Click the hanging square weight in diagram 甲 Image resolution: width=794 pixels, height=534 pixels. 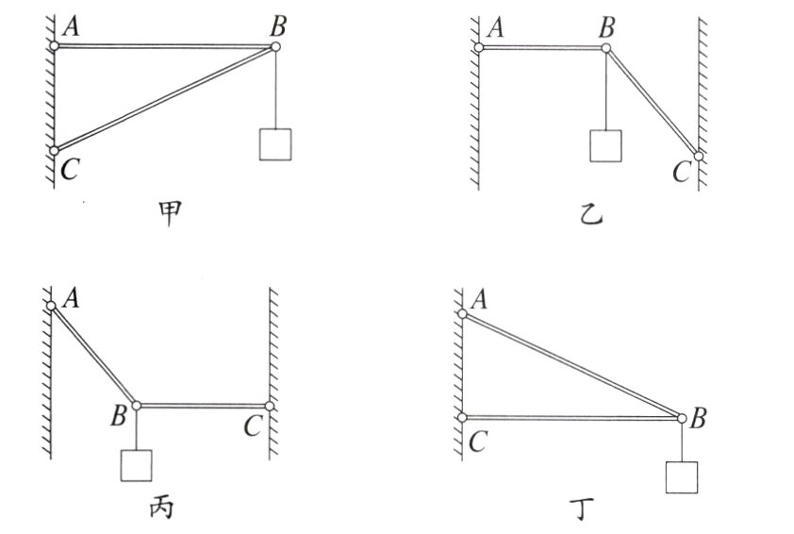tap(275, 142)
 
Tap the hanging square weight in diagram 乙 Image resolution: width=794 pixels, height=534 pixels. tap(604, 145)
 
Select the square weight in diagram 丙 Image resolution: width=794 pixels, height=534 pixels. tap(137, 465)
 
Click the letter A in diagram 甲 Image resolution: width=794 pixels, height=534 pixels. tap(71, 28)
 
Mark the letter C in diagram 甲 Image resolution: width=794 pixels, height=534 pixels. tap(68, 170)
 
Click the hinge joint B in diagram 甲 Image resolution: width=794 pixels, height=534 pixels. tap(275, 46)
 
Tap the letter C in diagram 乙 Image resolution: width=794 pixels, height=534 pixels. tap(681, 172)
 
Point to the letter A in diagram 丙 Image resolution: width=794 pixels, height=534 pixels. tap(71, 300)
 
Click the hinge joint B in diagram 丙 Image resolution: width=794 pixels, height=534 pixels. tap(137, 405)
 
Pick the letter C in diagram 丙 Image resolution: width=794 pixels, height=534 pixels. tap(251, 426)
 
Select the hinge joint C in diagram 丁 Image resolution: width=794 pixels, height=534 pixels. tap(463, 417)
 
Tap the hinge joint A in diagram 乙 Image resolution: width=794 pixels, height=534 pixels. tap(478, 46)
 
